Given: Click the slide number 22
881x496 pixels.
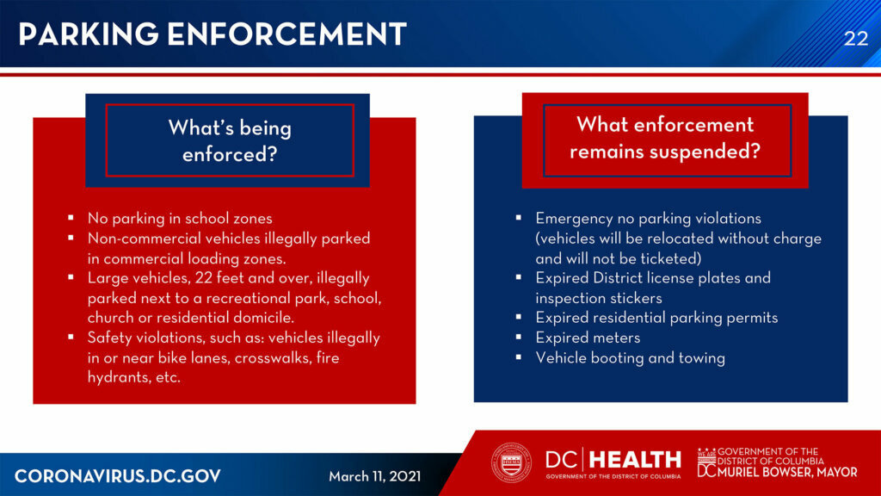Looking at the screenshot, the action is [856, 38].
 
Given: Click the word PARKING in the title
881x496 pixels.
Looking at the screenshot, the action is [89, 34].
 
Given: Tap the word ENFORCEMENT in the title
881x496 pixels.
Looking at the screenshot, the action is [286, 34].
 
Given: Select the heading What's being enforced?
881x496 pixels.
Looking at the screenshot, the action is [230, 140].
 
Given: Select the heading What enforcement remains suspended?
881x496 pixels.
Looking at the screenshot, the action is [665, 138].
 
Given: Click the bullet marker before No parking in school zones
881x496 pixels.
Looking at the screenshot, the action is [71, 217].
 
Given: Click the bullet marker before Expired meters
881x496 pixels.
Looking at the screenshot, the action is [519, 337].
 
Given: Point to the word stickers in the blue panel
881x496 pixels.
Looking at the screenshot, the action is [636, 298].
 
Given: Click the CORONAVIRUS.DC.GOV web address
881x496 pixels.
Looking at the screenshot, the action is [117, 476].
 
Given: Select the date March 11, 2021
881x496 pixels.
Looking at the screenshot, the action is [375, 476].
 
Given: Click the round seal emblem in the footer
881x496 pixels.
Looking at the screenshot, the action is [511, 463].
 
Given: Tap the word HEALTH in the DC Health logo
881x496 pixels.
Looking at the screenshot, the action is [635, 460].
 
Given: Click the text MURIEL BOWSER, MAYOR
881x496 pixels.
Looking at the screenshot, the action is [787, 473].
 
